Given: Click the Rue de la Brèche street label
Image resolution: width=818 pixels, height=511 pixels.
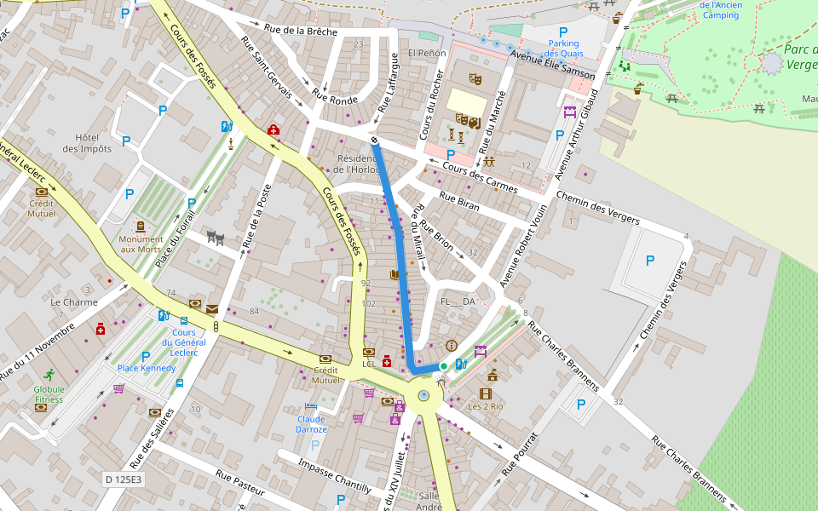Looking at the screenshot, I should tap(301, 32).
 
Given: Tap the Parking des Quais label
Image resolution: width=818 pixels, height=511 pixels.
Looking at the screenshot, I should tap(563, 49).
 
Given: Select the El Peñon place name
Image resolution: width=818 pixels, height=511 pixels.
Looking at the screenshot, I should tap(427, 53).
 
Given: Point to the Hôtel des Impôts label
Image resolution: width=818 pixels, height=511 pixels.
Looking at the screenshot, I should tap(93, 143).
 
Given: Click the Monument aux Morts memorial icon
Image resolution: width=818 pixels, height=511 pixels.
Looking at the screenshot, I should tap(141, 227).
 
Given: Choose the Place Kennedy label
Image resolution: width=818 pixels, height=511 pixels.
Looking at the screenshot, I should tap(147, 368).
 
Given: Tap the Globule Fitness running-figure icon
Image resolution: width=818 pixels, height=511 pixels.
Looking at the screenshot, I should tap(49, 374).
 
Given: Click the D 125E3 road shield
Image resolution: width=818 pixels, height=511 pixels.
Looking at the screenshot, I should tap(124, 479).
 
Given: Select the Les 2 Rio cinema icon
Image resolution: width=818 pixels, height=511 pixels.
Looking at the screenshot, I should tap(486, 393).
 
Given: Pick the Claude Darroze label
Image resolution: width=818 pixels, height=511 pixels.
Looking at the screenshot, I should tap(311, 424).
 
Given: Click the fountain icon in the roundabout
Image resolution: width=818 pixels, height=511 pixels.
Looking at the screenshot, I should tap(423, 396).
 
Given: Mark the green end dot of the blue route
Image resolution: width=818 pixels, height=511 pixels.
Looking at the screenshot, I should tap(443, 366).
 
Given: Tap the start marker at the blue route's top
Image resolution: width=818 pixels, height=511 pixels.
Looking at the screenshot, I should tap(374, 140).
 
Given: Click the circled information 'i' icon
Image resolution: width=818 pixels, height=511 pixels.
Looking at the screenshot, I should tap(452, 346).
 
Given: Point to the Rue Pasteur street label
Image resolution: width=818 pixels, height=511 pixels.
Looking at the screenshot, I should tap(240, 482).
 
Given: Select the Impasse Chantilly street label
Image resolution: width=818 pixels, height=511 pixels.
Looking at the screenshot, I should tap(335, 476).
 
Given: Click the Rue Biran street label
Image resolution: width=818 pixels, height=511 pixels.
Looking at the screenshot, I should tap(459, 201).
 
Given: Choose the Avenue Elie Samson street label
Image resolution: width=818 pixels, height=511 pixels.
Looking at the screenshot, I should tap(552, 67).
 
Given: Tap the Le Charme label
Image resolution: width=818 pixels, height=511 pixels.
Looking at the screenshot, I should tap(74, 301).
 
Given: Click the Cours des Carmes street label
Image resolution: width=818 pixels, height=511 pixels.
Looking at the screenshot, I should tap(480, 176).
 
